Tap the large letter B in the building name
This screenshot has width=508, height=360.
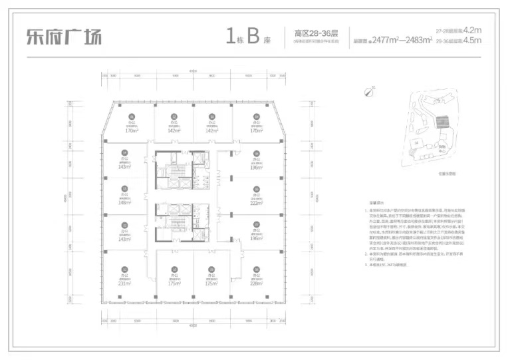253,35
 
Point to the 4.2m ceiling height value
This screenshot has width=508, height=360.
471,30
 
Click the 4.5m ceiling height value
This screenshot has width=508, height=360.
471,41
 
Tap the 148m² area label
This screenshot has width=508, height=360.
124,203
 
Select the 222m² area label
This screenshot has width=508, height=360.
256,204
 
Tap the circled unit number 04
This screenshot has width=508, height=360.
256,116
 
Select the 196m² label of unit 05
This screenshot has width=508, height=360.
256,167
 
